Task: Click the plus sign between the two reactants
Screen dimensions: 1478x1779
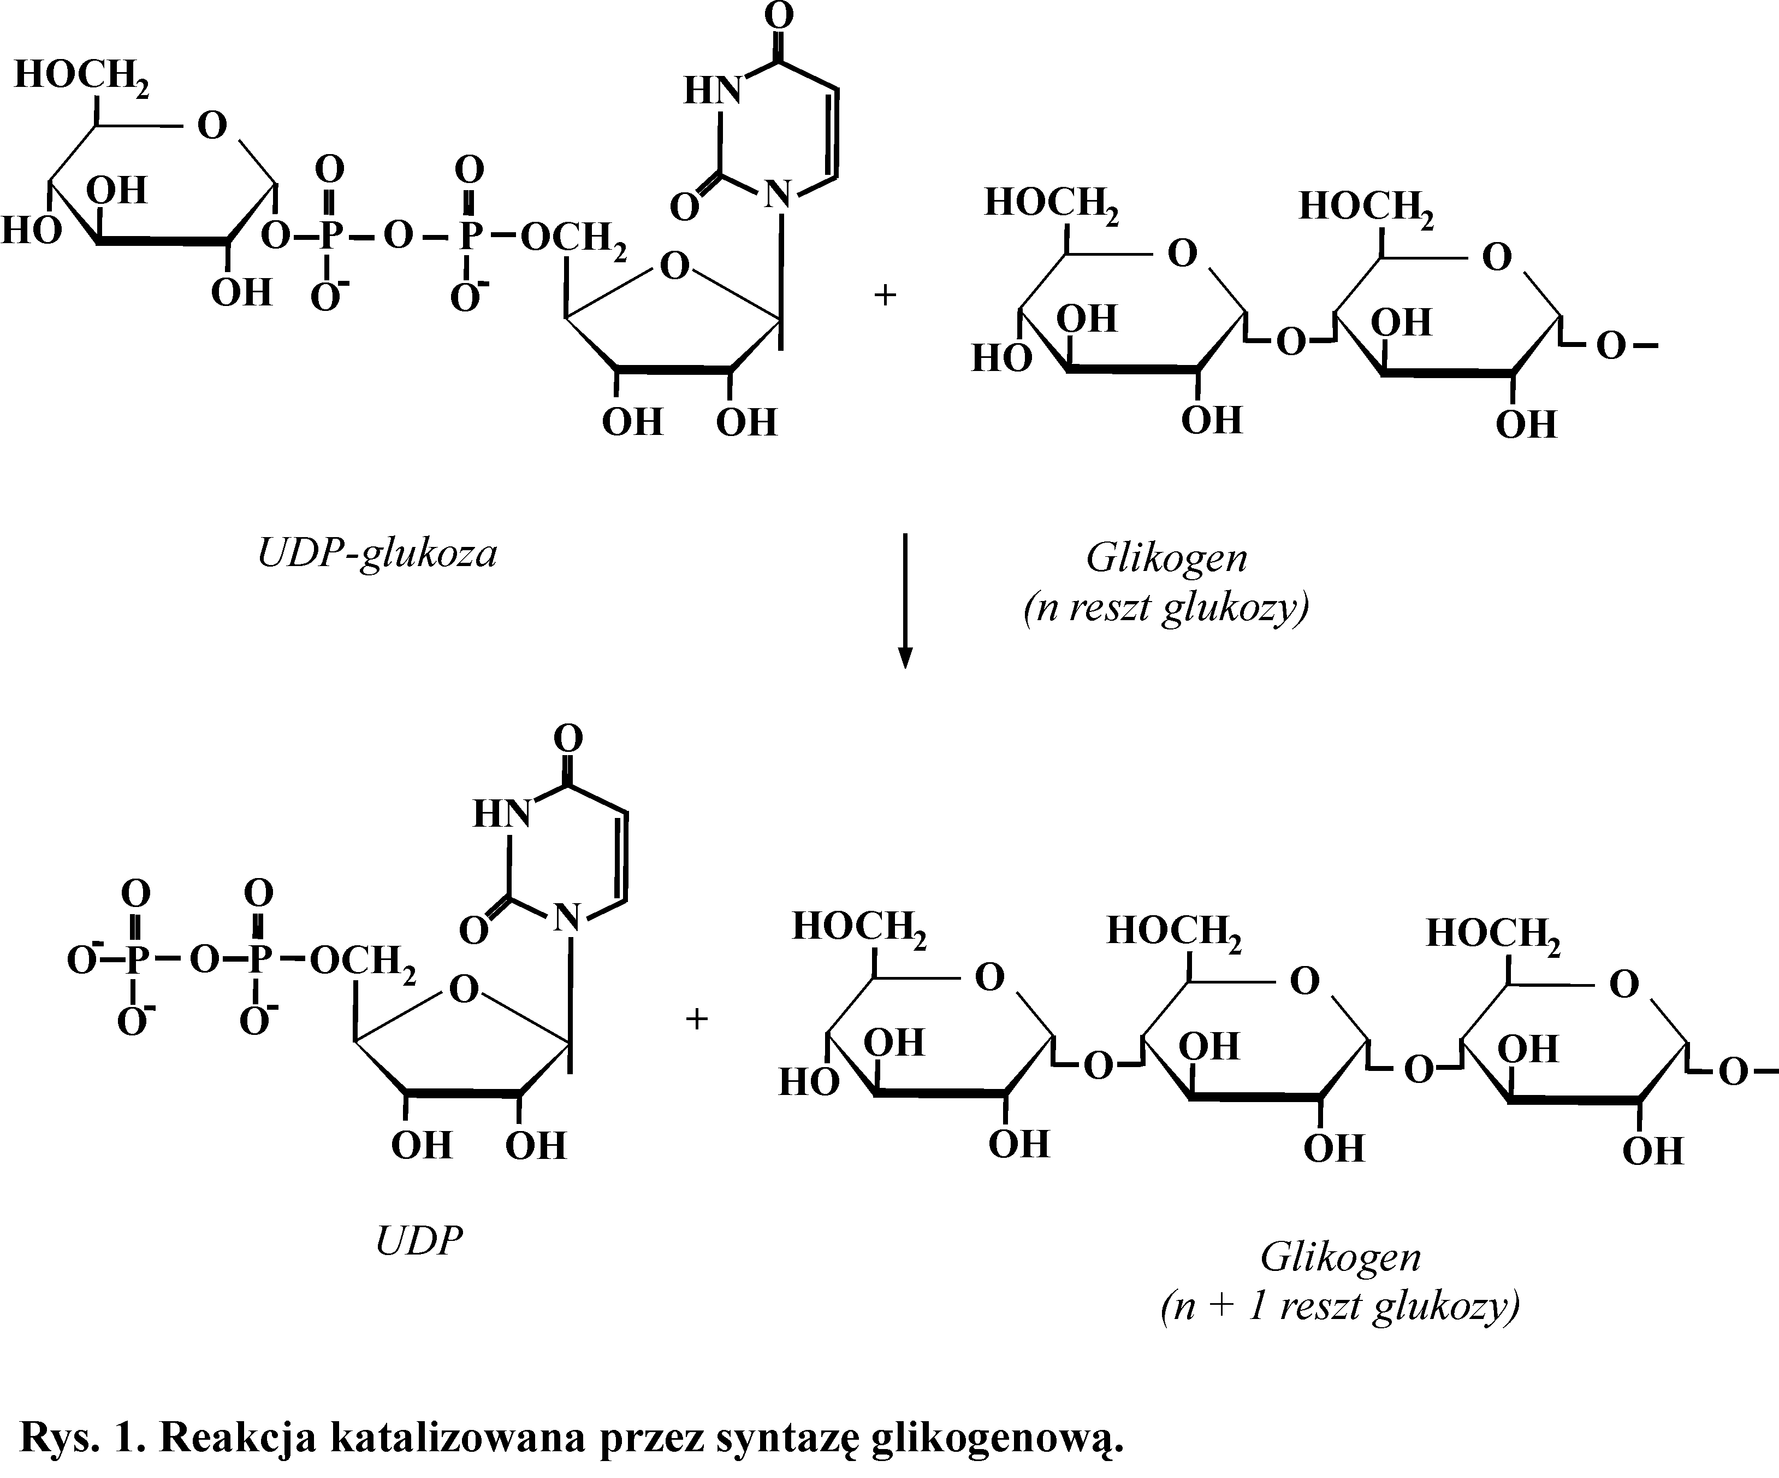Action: (x=885, y=296)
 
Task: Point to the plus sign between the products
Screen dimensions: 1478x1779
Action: (x=696, y=1018)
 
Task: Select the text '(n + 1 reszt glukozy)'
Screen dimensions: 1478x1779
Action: (x=1339, y=1306)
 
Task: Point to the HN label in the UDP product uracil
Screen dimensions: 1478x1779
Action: (x=501, y=814)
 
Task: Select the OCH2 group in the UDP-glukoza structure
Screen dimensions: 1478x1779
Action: (x=573, y=239)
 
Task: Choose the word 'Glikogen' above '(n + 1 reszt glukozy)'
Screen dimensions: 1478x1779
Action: (x=1340, y=1256)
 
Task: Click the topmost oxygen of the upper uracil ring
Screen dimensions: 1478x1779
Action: (x=779, y=15)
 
